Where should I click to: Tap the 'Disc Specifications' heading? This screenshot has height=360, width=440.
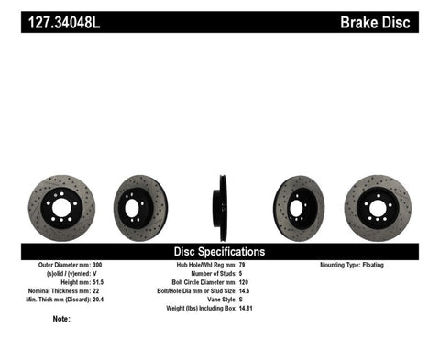(x=219, y=251)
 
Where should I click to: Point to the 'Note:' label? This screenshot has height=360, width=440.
(x=61, y=320)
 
